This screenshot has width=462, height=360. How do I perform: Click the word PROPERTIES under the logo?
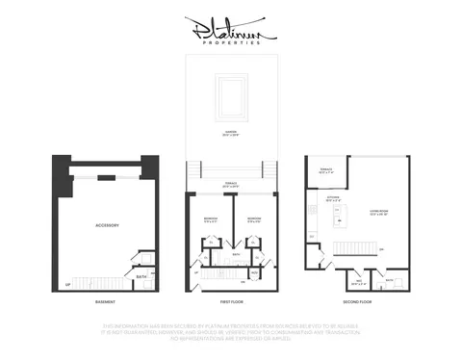(x=231, y=43)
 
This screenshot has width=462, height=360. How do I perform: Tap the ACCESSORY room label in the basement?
(x=107, y=225)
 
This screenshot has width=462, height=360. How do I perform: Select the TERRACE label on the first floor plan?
(x=231, y=183)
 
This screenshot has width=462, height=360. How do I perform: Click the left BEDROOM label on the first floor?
(x=211, y=219)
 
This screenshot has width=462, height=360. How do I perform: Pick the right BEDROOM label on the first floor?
(x=253, y=219)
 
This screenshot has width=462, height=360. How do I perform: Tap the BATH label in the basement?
(x=141, y=277)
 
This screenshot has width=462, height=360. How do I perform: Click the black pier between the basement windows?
(x=108, y=177)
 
